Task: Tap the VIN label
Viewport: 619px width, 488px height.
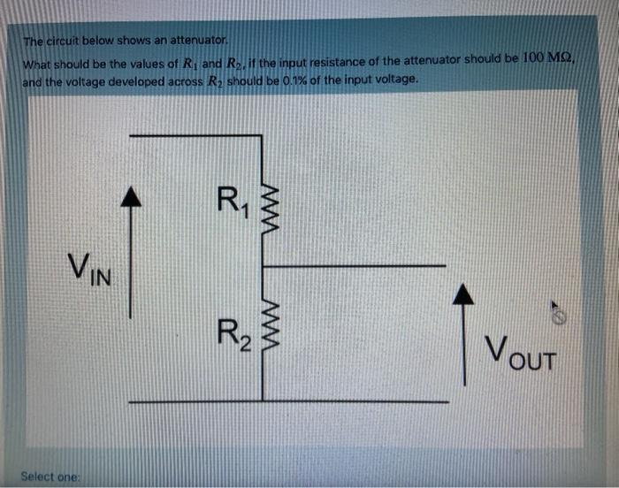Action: pos(90,267)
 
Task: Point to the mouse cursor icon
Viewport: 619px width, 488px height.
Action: pos(557,311)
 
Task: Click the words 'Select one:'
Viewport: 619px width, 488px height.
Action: pos(50,476)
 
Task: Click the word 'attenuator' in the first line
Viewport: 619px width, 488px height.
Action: pos(202,41)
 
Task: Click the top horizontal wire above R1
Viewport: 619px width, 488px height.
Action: pos(195,135)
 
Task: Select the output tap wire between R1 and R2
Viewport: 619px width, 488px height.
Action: pos(354,264)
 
